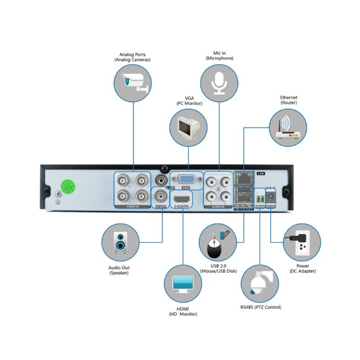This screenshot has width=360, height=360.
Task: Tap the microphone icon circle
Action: click(219, 82)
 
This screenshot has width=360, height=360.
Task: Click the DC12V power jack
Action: click(272, 196)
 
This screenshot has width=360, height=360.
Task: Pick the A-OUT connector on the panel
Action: click(161, 196)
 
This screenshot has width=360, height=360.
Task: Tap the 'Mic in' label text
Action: click(219, 53)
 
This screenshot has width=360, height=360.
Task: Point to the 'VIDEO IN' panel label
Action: click(132, 207)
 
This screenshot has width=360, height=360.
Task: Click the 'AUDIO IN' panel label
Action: click(218, 207)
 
